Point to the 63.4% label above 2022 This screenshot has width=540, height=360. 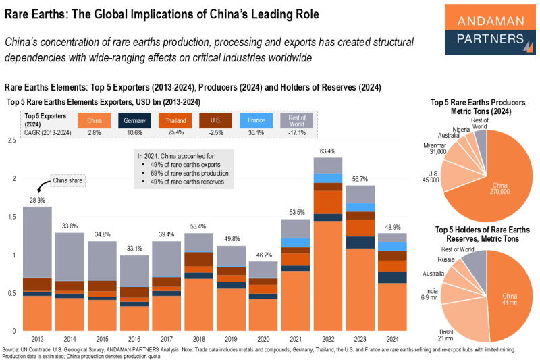pos(329,151)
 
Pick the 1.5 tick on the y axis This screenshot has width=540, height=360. pos(11,217)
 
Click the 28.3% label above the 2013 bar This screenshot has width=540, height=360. pos(38,201)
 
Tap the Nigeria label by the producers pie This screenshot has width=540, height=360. pos(462,129)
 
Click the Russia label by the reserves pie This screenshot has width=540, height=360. pos(446,259)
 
